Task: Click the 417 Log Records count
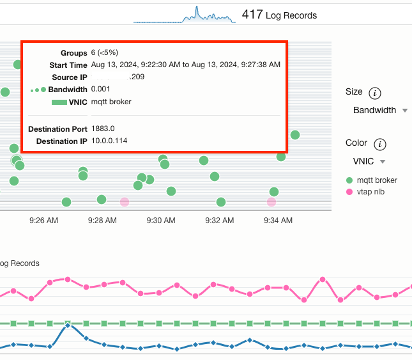(x=279, y=15)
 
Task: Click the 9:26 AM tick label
(x=44, y=221)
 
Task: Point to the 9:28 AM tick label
(x=102, y=221)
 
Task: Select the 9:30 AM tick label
(x=160, y=221)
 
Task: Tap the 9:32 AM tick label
(x=219, y=221)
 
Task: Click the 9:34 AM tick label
(x=277, y=221)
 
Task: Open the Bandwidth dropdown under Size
(x=380, y=110)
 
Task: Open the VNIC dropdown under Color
(x=369, y=161)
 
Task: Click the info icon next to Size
(x=375, y=93)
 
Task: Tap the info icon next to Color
(x=380, y=144)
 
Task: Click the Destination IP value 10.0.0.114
(x=109, y=141)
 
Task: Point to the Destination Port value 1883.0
(x=103, y=129)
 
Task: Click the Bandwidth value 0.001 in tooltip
(x=101, y=89)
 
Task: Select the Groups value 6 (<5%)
(x=105, y=52)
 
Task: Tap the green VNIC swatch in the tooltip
(x=59, y=102)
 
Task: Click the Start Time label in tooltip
(x=68, y=65)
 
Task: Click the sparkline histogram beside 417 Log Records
(x=184, y=15)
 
